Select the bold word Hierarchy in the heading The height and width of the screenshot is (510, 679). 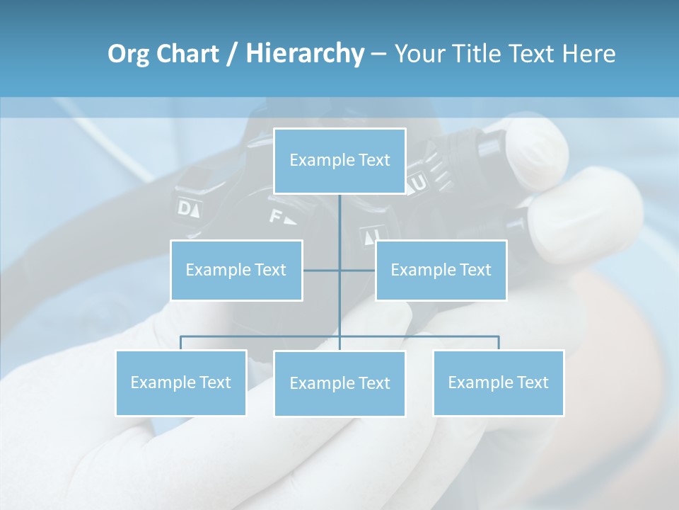pos(305,55)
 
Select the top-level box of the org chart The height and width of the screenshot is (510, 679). pos(339,161)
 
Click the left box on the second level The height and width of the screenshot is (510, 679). pos(236,270)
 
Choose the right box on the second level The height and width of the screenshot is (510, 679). pos(441,270)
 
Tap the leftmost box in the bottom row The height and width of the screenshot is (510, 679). pos(180,382)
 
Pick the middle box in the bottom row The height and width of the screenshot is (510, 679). pos(339,383)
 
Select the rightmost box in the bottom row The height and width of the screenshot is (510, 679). pos(498,382)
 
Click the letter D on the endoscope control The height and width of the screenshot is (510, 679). pos(185,208)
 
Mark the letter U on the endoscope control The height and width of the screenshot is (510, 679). pos(419,183)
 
